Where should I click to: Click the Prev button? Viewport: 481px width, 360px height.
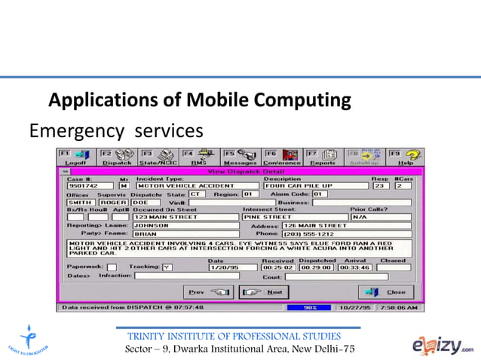(209, 291)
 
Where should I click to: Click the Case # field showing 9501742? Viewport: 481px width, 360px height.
(90, 185)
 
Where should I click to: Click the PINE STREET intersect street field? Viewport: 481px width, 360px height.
(293, 217)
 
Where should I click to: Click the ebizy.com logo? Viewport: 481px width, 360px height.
(443, 343)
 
